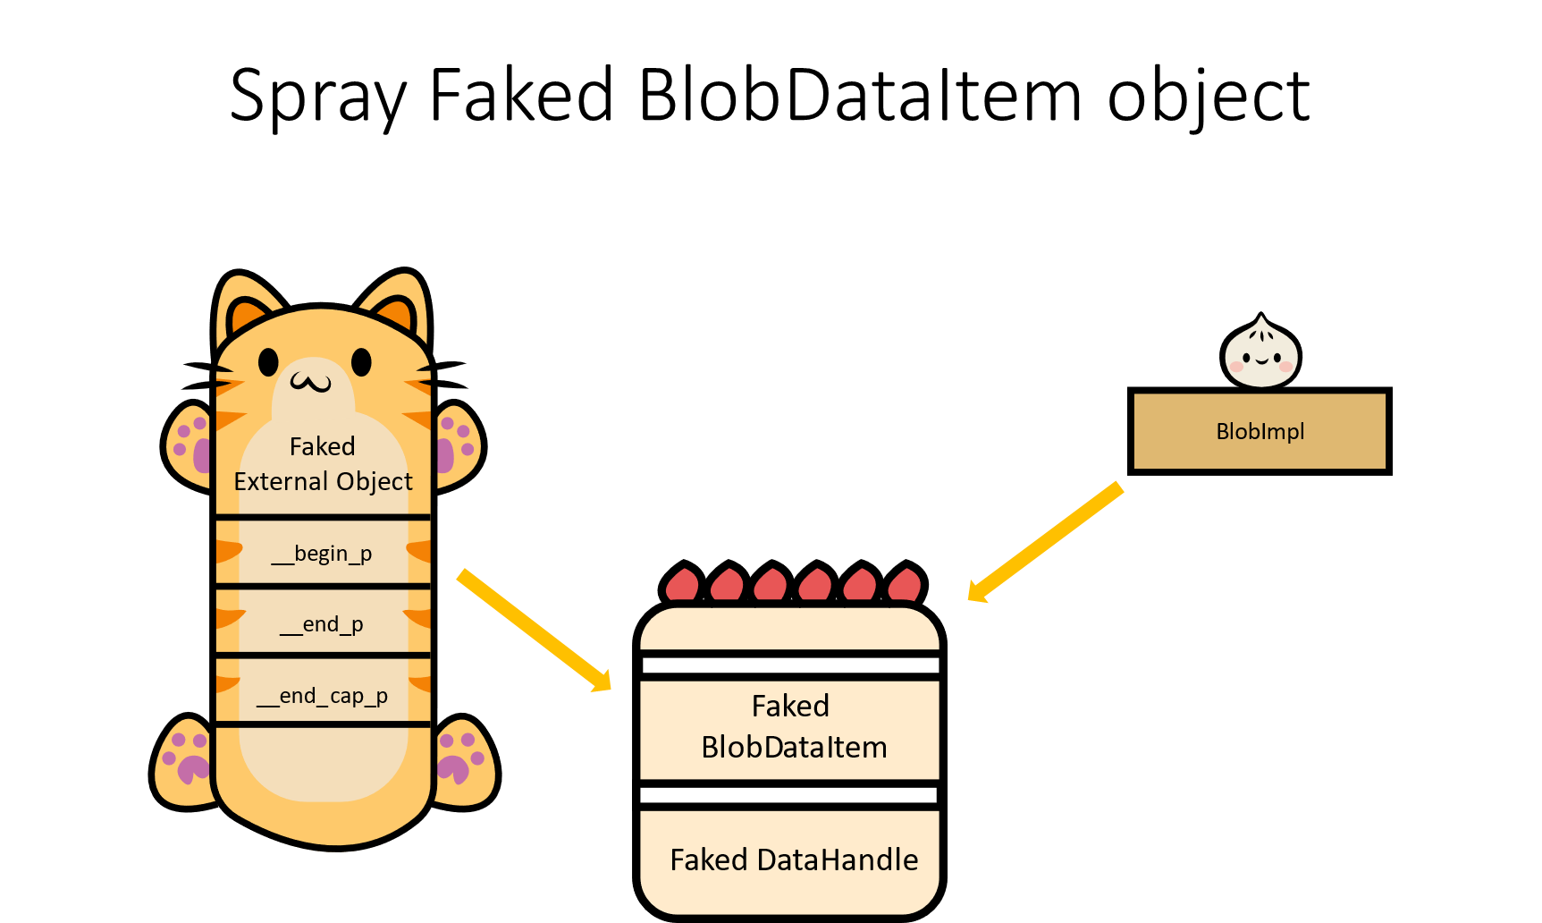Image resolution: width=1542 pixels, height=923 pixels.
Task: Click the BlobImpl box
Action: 1259,431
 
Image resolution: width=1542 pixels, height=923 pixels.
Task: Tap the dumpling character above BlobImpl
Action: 1260,354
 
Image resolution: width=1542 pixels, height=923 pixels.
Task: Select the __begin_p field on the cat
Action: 322,554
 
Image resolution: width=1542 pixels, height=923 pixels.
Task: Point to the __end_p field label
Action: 322,624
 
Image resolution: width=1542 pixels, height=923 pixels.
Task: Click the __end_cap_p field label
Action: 322,696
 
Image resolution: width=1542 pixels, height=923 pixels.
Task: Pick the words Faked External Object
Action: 323,464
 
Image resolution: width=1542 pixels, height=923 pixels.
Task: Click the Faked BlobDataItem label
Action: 792,726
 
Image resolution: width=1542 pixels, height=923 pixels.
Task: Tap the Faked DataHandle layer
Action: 792,859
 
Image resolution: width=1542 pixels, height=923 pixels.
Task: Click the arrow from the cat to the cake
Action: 534,631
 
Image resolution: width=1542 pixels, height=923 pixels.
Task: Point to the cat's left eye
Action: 268,362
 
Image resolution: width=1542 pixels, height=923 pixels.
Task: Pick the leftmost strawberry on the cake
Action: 682,586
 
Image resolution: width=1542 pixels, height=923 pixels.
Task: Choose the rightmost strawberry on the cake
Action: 905,586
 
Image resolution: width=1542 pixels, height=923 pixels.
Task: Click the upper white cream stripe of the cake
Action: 790,665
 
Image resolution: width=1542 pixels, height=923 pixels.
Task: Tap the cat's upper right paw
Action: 457,445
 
